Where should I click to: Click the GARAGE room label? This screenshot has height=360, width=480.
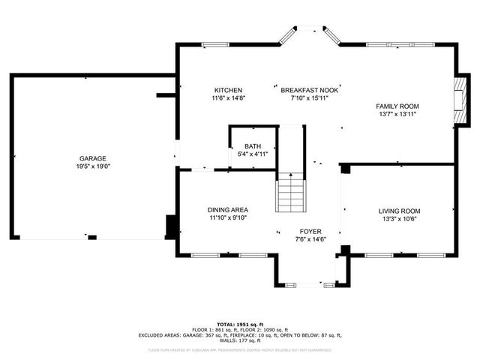pyautogui.click(x=93, y=158)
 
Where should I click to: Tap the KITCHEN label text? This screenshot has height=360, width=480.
pyautogui.click(x=228, y=89)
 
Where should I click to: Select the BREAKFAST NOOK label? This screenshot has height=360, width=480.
pyautogui.click(x=310, y=89)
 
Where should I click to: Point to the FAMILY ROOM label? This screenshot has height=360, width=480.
pyautogui.click(x=397, y=106)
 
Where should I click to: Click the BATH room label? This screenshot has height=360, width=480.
pyautogui.click(x=252, y=146)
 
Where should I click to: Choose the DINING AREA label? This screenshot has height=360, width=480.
pyautogui.click(x=228, y=210)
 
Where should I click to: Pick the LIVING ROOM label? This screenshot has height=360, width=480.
pyautogui.click(x=399, y=211)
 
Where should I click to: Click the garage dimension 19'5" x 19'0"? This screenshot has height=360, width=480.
pyautogui.click(x=93, y=166)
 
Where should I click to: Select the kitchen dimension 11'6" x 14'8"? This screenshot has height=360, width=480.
pyautogui.click(x=228, y=97)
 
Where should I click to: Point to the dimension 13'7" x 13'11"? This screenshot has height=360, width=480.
pyautogui.click(x=397, y=114)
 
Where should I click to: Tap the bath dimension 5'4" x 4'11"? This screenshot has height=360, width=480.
pyautogui.click(x=252, y=154)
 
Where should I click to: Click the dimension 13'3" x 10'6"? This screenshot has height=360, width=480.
pyautogui.click(x=399, y=219)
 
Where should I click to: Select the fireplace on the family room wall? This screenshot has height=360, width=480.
pyautogui.click(x=463, y=100)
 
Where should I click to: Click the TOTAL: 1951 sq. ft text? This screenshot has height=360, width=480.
pyautogui.click(x=240, y=324)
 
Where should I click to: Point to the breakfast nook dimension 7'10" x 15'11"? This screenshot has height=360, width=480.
pyautogui.click(x=310, y=97)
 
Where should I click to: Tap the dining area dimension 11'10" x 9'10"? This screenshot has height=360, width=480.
pyautogui.click(x=228, y=218)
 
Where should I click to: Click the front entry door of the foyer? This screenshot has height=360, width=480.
pyautogui.click(x=308, y=284)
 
